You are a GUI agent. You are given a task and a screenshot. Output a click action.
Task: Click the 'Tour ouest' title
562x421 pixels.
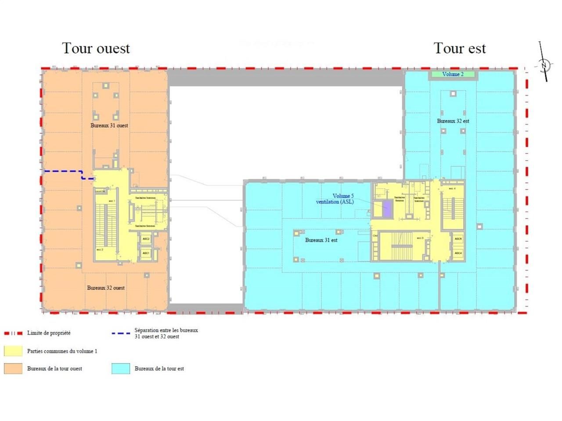coord(96,48)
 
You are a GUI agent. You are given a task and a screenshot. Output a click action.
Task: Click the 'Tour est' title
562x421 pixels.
coord(460,48)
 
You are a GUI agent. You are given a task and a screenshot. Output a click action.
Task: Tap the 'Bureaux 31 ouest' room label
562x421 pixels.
coord(109,125)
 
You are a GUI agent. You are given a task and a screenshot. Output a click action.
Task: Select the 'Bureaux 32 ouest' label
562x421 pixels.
coord(106,288)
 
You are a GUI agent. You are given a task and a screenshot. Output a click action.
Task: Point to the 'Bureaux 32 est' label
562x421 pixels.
coord(453,121)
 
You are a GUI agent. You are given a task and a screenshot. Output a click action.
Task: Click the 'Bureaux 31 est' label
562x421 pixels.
coord(321,240)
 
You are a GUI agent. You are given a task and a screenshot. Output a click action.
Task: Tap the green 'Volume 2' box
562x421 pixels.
coord(453,75)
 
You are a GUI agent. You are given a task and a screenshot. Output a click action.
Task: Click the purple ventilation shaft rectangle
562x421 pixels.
coord(387,208)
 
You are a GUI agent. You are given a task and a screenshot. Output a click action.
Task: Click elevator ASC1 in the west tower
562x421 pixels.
coord(146,253)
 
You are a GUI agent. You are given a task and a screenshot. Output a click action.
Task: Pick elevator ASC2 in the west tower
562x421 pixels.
coord(146,239)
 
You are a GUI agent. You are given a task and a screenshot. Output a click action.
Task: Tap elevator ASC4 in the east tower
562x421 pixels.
coord(458,253)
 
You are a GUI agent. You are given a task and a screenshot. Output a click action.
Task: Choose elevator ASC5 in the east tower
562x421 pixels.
coord(458,239)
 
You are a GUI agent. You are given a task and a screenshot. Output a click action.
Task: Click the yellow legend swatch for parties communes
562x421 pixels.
coord(13,351)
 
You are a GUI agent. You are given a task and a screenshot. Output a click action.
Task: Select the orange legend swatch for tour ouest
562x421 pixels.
coord(13,368)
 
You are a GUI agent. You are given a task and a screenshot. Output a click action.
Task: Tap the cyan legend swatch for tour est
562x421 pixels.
coord(121,368)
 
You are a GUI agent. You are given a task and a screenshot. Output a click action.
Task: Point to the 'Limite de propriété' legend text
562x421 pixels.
coord(49,333)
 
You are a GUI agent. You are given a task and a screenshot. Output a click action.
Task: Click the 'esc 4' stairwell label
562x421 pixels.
coord(452,189)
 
